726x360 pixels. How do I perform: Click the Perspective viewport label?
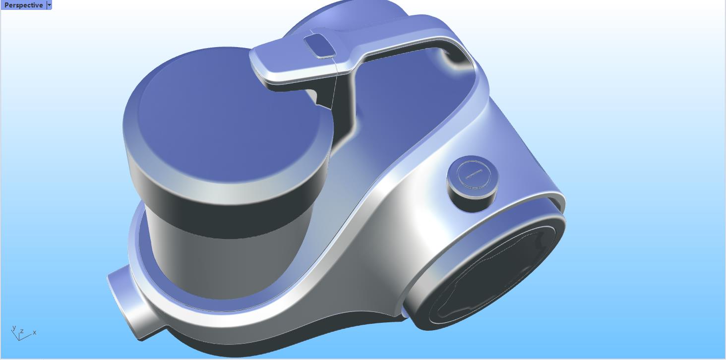[x=23, y=5]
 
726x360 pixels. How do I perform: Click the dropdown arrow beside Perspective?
[x=49, y=5]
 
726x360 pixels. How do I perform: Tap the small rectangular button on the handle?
[x=319, y=46]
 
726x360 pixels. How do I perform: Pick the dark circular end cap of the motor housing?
[x=491, y=278]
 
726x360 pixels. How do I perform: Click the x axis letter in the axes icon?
[x=34, y=332]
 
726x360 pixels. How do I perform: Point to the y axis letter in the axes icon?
[x=14, y=328]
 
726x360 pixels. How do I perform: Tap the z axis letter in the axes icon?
[x=22, y=331]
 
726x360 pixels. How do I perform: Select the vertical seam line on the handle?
[x=336, y=79]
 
